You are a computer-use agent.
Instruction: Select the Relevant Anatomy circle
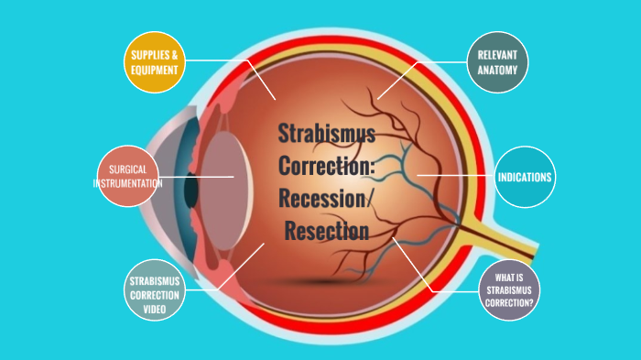[497, 62]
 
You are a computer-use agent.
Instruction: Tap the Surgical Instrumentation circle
[127, 176]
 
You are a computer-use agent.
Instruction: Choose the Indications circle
[524, 176]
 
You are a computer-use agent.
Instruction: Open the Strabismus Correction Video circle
[154, 291]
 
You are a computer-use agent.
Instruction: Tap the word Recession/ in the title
[327, 199]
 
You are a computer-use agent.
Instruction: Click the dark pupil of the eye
[191, 187]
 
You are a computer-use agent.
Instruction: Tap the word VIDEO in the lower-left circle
[154, 306]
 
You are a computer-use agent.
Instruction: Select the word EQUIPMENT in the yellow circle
[154, 69]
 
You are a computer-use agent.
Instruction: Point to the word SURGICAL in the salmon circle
[127, 170]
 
